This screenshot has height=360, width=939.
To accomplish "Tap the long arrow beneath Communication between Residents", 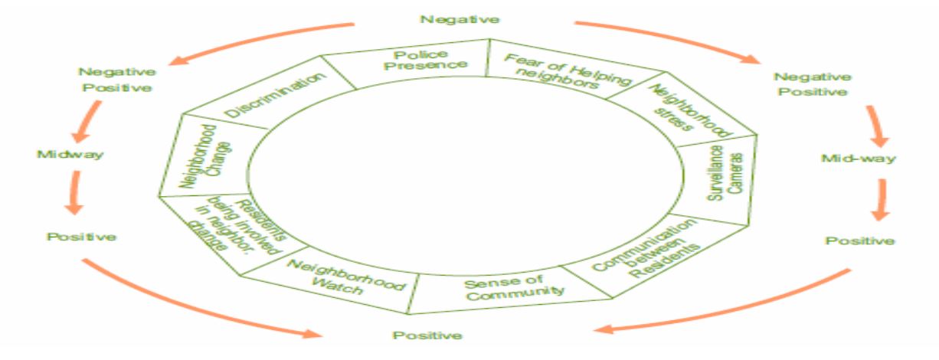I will [728, 310].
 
